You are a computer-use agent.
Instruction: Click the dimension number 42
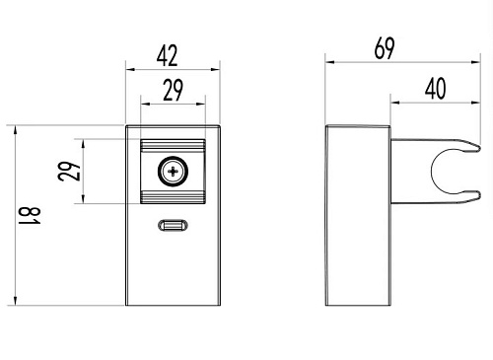coord(168,56)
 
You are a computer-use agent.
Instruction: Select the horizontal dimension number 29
coord(173,90)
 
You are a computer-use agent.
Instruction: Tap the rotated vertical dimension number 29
coord(69,171)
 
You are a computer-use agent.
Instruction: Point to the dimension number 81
coord(30,216)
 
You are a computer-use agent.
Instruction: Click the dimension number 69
coord(385,48)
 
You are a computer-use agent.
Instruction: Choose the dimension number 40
coord(436,89)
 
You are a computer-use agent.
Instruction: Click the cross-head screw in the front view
coord(173,172)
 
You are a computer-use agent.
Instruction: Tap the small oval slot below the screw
coord(174,225)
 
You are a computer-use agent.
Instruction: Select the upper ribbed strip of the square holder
coord(173,145)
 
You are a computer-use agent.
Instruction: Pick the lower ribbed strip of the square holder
coord(173,197)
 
